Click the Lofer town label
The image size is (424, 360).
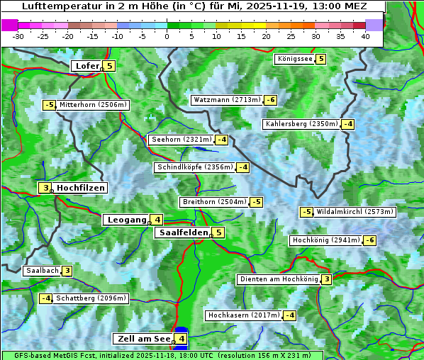coord(86,66)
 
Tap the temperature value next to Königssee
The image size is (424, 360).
coord(321,59)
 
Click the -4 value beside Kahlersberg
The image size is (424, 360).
coord(347,124)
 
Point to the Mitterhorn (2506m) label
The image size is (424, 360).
coord(93,105)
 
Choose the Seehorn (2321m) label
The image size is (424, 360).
coord(182,140)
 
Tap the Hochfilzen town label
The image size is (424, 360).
coord(81,188)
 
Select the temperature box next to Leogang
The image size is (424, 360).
coord(157,220)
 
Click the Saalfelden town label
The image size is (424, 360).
coord(183,232)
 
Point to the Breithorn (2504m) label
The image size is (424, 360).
coord(213,202)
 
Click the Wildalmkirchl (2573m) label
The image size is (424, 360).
coord(355,211)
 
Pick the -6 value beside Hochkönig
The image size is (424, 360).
coord(369,240)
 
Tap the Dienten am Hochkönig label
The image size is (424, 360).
coord(278,279)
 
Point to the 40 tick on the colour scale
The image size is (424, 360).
coord(365,35)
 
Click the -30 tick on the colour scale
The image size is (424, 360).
coord(18,35)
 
